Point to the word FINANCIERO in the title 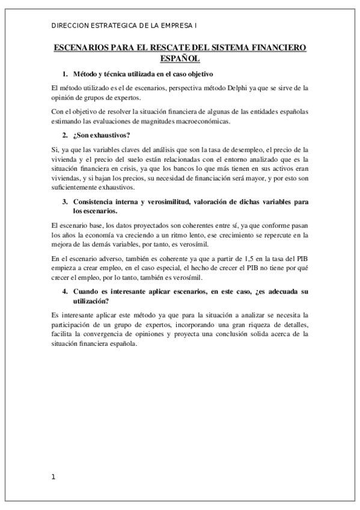click(279, 48)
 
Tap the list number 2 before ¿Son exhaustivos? click(64, 135)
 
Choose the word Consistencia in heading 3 click(96, 202)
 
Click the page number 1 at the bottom click(53, 477)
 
